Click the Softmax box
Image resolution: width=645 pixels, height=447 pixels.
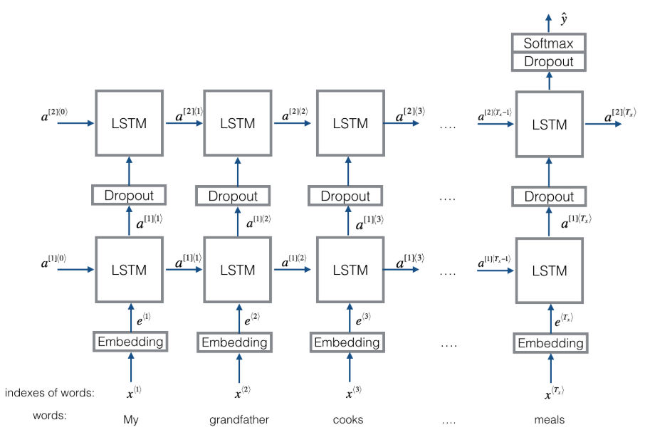[548, 43]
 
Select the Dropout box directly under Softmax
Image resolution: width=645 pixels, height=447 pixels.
[548, 62]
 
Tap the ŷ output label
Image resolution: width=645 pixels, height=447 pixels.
[564, 19]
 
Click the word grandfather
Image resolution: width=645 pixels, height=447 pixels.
[239, 420]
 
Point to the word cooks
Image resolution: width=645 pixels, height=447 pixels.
[348, 420]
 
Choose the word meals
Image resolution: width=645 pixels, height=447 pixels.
[549, 420]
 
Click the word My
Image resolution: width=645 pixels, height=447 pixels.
[131, 420]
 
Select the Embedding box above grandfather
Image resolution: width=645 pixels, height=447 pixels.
[234, 342]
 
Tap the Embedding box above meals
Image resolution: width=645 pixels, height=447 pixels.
[550, 343]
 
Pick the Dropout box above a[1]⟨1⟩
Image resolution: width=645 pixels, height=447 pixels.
[129, 195]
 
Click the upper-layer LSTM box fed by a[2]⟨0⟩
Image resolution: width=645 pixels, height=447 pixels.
[129, 123]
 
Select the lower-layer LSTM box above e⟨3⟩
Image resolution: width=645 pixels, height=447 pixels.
[350, 270]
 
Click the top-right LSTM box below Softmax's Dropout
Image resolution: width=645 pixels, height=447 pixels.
[550, 124]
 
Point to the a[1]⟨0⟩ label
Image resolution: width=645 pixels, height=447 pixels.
[53, 261]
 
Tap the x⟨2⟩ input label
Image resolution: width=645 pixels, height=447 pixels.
[243, 392]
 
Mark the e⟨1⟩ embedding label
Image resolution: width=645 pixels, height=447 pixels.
[144, 319]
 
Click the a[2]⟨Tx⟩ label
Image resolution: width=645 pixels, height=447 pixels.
[620, 115]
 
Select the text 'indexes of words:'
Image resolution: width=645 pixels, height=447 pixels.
[50, 393]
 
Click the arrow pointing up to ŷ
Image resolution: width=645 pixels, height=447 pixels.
[549, 23]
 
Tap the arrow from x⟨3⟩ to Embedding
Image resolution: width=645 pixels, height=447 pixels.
[350, 367]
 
